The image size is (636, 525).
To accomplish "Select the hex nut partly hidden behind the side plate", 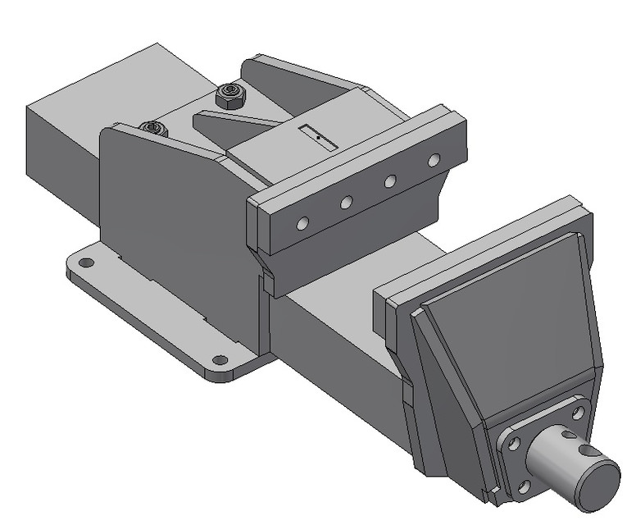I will [153, 129].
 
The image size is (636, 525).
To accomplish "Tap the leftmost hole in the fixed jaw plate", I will [303, 223].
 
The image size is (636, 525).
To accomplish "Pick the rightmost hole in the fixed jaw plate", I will [434, 159].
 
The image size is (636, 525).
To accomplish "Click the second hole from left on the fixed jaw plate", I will [347, 202].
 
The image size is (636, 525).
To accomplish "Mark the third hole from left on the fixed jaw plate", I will [391, 180].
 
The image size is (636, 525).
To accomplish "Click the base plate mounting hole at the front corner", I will [219, 359].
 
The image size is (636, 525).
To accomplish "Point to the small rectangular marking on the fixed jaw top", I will [318, 138].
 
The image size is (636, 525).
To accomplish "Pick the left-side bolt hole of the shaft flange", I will [514, 443].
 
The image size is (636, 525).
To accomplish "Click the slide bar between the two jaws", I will [344, 328].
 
